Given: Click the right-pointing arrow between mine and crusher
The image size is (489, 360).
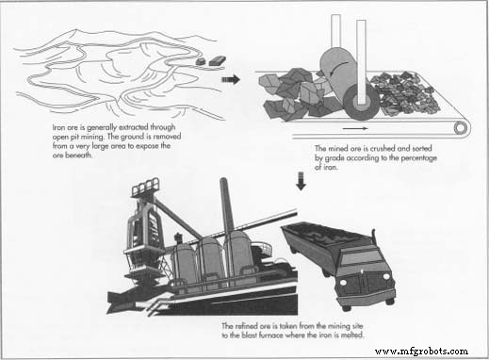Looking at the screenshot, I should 230,80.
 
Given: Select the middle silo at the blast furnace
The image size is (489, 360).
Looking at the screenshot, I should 209,258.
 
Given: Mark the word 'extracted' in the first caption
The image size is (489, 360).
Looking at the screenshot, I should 126,125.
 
